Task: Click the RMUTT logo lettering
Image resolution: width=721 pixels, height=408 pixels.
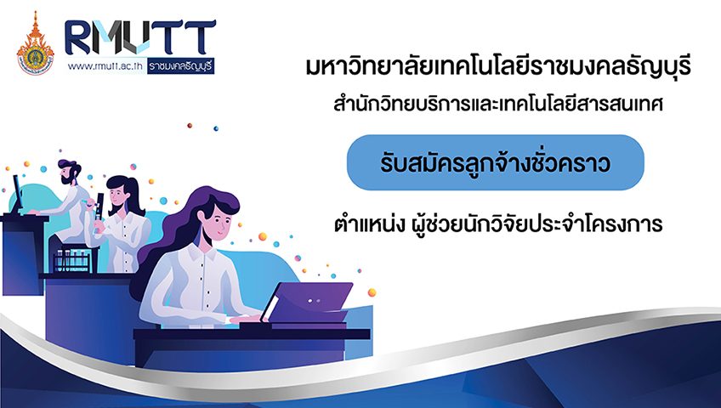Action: coord(139,37)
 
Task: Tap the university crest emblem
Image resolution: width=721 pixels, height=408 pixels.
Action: coord(35,44)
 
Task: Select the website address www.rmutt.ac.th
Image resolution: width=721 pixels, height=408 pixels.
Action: coord(105,66)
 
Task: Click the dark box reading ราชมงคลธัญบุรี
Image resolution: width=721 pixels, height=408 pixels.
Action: coord(181,66)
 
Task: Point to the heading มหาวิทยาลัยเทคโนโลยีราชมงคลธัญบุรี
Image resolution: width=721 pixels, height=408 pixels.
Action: coord(498,66)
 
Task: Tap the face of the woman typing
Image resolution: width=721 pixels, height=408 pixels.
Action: coord(215,224)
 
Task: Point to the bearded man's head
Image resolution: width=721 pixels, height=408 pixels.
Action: coord(69,171)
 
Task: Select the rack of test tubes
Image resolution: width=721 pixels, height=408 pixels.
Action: coord(72,260)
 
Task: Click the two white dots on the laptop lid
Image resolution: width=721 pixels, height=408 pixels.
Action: coord(313,301)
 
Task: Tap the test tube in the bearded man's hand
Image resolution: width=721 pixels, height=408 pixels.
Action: coord(86,201)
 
